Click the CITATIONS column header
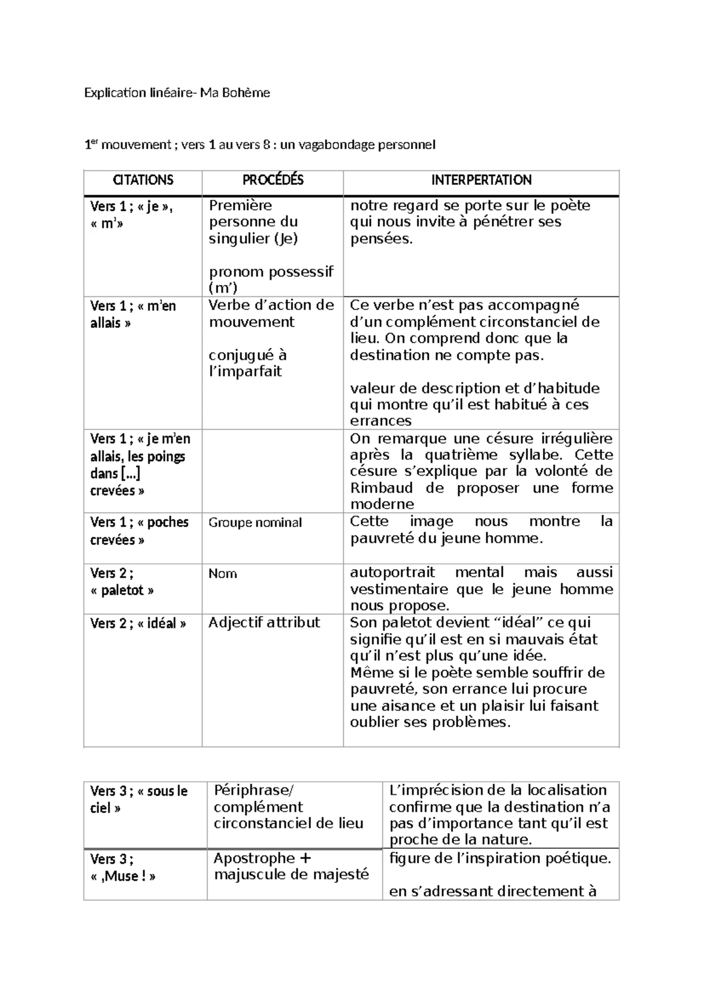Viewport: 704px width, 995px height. click(x=143, y=180)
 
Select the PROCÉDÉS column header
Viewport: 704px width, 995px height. click(x=273, y=180)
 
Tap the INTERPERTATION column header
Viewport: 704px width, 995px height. click(x=481, y=180)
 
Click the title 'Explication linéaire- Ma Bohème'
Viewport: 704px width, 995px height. click(x=177, y=93)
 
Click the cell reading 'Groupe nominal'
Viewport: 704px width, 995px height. click(x=255, y=523)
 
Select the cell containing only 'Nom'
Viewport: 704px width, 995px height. click(x=223, y=574)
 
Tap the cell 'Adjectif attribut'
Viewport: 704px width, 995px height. click(x=264, y=622)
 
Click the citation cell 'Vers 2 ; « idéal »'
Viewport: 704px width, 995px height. click(x=138, y=624)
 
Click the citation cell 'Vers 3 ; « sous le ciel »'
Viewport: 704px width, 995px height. click(x=138, y=800)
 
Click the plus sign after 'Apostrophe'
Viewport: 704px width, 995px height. click(x=305, y=858)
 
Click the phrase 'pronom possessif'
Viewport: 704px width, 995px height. click(x=271, y=272)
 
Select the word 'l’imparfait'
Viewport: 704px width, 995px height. click(x=245, y=371)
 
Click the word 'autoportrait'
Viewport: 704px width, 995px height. click(x=392, y=573)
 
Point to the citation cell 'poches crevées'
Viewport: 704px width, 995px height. click(x=140, y=531)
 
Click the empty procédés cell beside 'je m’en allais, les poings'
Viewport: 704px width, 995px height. click(x=272, y=471)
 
